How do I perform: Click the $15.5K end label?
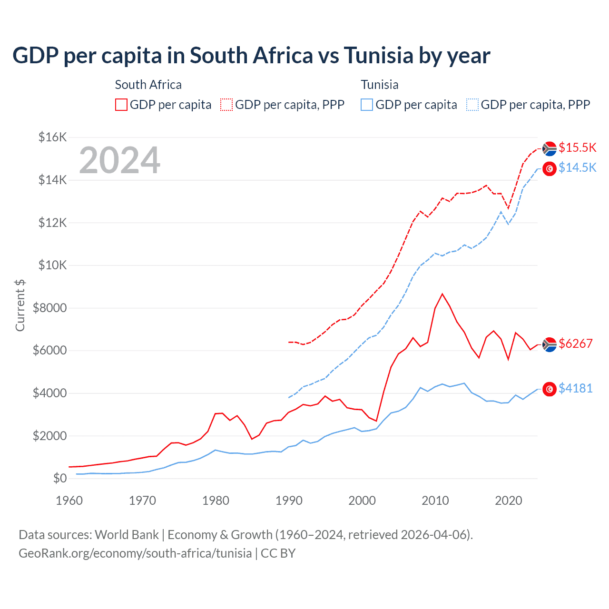pos(577,147)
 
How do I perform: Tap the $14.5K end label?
pos(577,167)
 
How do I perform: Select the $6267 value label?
pos(576,344)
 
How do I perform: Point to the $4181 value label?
pos(576,388)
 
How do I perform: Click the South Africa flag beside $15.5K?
pos(550,148)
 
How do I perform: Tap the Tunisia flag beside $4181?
pos(550,389)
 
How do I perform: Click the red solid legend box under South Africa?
pos(121,105)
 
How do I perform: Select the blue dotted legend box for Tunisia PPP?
pos(472,105)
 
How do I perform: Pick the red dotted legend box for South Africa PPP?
pos(226,105)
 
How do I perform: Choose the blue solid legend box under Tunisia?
pos(367,105)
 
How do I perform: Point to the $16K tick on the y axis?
pos(52,138)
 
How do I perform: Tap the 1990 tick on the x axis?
pos(289,501)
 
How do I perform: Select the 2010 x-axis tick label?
pos(435,501)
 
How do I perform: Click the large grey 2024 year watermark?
pos(119,160)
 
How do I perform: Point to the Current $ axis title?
pos(20,305)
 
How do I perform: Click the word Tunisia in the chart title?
pos(378,56)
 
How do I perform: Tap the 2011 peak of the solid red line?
pos(442,294)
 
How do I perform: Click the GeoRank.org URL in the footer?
pos(135,553)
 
